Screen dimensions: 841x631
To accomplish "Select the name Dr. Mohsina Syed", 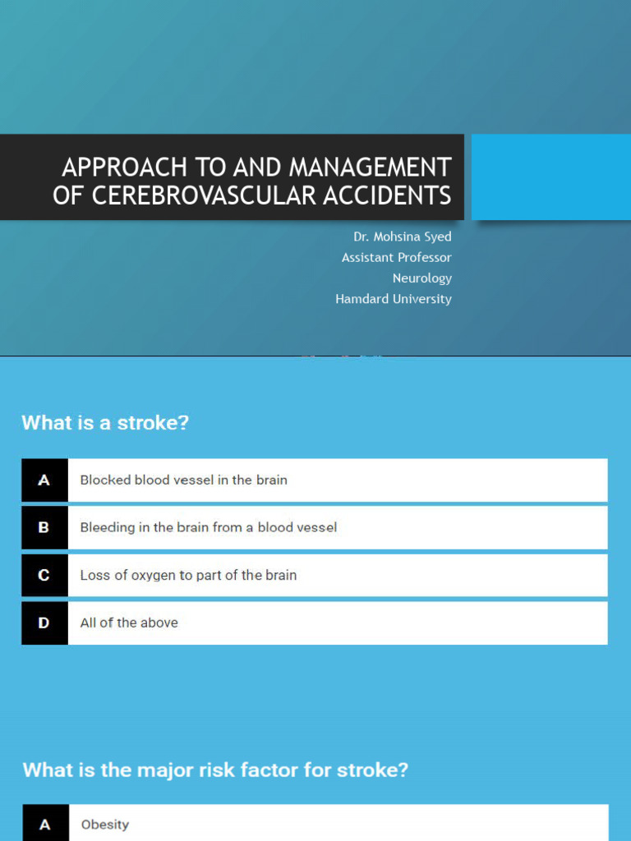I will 403,237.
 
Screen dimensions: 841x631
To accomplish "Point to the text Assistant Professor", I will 397,257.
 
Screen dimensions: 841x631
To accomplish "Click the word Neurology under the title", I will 421,278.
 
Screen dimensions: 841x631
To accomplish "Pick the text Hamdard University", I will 394,299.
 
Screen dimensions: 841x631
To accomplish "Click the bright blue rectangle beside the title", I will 550,177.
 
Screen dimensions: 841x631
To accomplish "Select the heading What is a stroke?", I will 105,423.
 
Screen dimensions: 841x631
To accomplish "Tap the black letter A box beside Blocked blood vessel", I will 44,480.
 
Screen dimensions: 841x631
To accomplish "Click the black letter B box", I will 44,528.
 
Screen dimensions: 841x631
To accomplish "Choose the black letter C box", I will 44,576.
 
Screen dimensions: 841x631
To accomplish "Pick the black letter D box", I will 44,623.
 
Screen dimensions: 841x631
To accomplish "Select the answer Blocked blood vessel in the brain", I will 183,480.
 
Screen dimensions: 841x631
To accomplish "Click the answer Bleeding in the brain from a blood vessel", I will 208,528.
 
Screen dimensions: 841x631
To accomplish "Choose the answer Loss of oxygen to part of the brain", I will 188,576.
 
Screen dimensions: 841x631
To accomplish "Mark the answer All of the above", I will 129,623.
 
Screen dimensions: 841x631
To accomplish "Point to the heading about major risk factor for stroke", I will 215,770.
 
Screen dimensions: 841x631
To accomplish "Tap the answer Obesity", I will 105,825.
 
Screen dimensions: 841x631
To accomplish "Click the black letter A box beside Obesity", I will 44,825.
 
